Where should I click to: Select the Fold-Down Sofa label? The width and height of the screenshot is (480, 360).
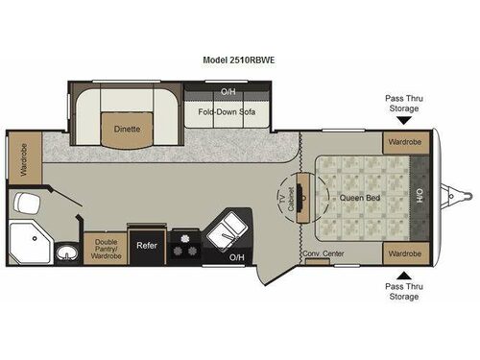(228, 109)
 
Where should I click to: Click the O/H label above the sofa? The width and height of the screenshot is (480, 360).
(228, 92)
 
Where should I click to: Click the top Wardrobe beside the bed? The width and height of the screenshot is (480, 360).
(404, 143)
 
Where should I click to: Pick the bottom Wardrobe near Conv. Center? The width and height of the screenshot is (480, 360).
(404, 253)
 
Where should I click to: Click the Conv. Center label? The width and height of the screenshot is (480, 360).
(324, 253)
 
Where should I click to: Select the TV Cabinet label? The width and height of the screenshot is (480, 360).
(284, 200)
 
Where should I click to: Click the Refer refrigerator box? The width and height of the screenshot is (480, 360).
(146, 246)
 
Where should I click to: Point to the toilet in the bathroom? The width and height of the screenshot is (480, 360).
(26, 202)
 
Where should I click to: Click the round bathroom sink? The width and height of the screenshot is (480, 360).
(64, 253)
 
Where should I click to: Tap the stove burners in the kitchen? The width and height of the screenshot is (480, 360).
(184, 246)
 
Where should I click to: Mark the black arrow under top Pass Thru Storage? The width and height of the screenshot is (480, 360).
(405, 121)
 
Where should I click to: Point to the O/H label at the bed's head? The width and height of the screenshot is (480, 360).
(420, 198)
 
